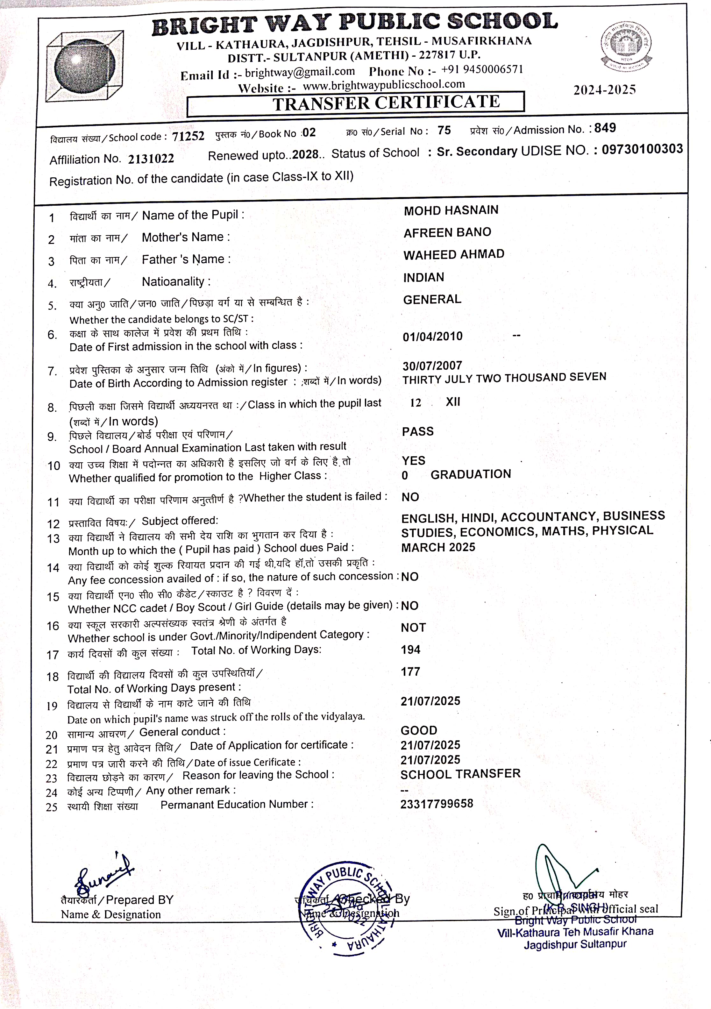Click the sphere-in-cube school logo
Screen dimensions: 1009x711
(84, 67)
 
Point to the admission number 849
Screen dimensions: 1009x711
(605, 128)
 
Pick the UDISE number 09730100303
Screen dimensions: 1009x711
(642, 149)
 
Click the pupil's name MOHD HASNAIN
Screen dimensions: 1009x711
(451, 210)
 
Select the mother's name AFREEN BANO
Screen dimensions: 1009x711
(447, 232)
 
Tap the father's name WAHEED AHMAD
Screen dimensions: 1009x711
(454, 254)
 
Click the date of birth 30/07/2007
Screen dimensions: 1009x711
(432, 366)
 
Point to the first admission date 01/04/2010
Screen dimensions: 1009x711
(432, 337)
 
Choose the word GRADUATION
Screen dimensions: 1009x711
(471, 474)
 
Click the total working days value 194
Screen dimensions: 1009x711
(410, 650)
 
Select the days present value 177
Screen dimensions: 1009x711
(410, 671)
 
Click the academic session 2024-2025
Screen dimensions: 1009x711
(604, 90)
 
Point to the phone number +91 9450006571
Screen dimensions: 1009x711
(482, 69)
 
